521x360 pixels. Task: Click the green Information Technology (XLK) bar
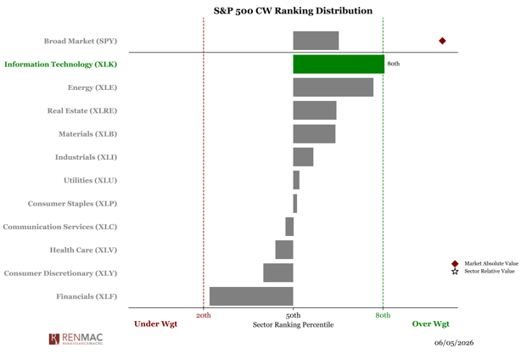pyautogui.click(x=339, y=65)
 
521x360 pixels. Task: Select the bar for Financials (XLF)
pyautogui.click(x=251, y=296)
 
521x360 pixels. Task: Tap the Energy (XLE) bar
pyautogui.click(x=333, y=87)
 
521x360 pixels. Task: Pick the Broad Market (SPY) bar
pyautogui.click(x=316, y=41)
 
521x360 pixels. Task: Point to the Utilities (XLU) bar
pyautogui.click(x=296, y=180)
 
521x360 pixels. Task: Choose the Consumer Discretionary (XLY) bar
pyautogui.click(x=278, y=273)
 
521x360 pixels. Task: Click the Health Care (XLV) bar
pyautogui.click(x=284, y=250)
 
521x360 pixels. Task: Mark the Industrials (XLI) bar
pyautogui.click(x=303, y=157)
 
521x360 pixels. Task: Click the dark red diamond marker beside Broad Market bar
pyautogui.click(x=442, y=41)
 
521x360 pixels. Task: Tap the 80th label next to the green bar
pyautogui.click(x=394, y=64)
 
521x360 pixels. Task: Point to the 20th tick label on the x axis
pyautogui.click(x=204, y=315)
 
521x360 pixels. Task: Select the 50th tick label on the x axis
pyautogui.click(x=293, y=315)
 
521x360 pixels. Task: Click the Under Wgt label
pyautogui.click(x=155, y=324)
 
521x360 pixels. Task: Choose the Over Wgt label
pyautogui.click(x=430, y=324)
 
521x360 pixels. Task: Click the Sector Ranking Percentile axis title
pyautogui.click(x=293, y=325)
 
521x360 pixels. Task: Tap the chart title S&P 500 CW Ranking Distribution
pyautogui.click(x=293, y=11)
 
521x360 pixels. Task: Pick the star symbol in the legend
pyautogui.click(x=455, y=272)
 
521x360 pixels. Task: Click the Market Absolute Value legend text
pyautogui.click(x=491, y=263)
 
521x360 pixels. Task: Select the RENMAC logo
pyautogui.click(x=76, y=339)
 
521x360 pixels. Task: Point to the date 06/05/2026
pyautogui.click(x=454, y=343)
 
